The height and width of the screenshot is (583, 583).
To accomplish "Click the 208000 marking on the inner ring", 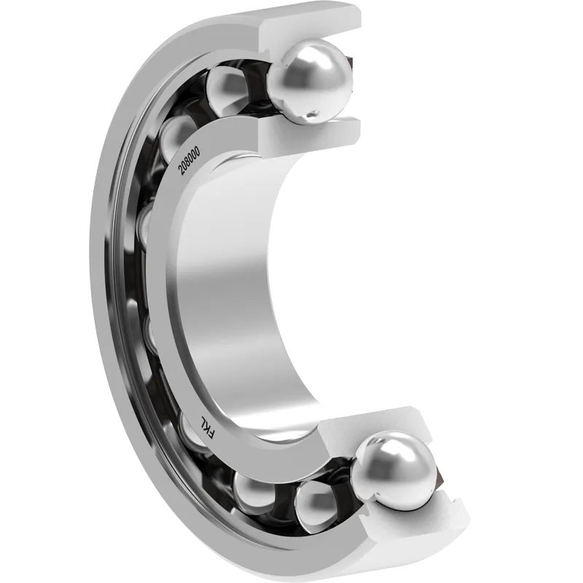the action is [189, 160].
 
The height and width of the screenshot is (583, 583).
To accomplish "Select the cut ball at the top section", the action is [309, 81].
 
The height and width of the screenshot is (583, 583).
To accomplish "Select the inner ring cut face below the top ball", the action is [309, 134].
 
